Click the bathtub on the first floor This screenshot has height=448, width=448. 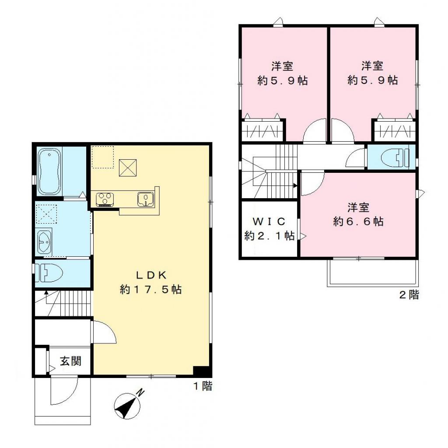click(49, 172)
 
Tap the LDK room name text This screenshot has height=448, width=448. click(150, 275)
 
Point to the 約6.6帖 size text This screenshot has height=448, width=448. click(358, 222)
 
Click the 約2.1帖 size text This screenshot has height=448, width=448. click(269, 236)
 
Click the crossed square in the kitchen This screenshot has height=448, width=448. click(128, 167)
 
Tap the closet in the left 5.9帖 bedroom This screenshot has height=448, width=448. click(262, 130)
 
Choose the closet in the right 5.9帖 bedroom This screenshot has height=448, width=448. click(394, 130)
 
